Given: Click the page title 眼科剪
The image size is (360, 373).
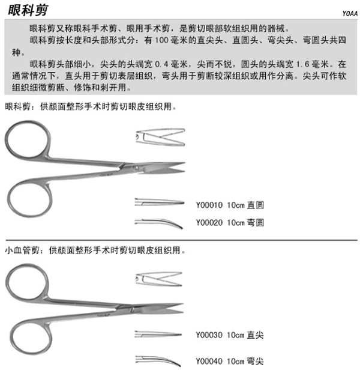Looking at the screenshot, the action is pyautogui.click(x=28, y=10).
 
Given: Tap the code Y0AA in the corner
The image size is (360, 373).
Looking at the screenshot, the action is pyautogui.click(x=350, y=14).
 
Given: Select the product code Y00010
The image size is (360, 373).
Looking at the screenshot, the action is pyautogui.click(x=209, y=205).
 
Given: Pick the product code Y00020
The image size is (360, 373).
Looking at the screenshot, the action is pyautogui.click(x=209, y=223).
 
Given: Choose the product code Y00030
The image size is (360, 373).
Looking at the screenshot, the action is pyautogui.click(x=209, y=335).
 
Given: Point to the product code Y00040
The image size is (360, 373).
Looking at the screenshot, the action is pyautogui.click(x=209, y=361).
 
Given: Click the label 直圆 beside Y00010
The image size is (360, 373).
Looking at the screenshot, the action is pyautogui.click(x=256, y=205).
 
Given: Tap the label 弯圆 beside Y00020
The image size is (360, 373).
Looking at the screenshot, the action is pyautogui.click(x=256, y=223).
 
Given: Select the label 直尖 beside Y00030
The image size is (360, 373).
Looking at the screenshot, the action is pyautogui.click(x=256, y=335).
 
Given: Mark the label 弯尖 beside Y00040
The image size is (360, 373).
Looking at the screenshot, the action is pyautogui.click(x=256, y=361).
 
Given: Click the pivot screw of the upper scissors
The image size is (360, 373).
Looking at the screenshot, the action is pyautogui.click(x=136, y=168).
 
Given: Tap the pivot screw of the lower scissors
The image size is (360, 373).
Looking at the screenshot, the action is pyautogui.click(x=132, y=309).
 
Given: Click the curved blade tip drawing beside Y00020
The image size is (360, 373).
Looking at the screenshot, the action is pyautogui.click(x=159, y=223).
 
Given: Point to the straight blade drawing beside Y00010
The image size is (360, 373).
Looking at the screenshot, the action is pyautogui.click(x=159, y=202).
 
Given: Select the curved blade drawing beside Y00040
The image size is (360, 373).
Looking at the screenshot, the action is pyautogui.click(x=158, y=360).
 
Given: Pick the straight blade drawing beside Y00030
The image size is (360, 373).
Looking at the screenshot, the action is pyautogui.click(x=158, y=334).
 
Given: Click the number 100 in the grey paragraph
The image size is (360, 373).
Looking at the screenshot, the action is pyautogui.click(x=161, y=40).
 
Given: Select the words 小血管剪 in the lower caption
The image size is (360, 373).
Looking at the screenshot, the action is pyautogui.click(x=22, y=250).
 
